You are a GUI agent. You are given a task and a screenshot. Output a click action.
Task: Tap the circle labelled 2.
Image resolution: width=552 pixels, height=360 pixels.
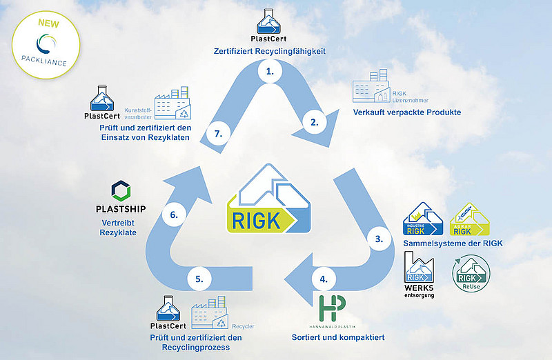click(x=315, y=123)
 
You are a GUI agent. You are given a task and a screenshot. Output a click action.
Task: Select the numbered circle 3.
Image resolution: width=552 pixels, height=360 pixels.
click(x=379, y=239)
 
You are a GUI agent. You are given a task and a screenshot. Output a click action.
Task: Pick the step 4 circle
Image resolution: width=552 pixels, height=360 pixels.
click(x=324, y=280)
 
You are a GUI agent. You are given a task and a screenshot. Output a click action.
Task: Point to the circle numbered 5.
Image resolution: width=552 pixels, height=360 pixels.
click(x=199, y=279)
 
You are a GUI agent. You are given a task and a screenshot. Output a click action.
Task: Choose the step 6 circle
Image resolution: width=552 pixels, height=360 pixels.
click(x=174, y=215)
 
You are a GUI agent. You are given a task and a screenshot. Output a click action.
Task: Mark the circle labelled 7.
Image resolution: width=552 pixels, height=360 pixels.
click(x=218, y=134)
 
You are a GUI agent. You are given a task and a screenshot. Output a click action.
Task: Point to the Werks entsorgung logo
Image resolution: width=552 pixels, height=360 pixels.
click(x=420, y=271)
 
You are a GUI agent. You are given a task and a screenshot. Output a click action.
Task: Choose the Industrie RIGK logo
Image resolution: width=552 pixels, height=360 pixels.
click(x=420, y=219)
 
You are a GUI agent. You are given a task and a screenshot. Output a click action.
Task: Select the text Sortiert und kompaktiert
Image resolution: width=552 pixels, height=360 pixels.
click(x=333, y=338)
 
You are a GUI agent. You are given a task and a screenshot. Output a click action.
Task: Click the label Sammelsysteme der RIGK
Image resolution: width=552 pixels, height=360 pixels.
click(x=452, y=242)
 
